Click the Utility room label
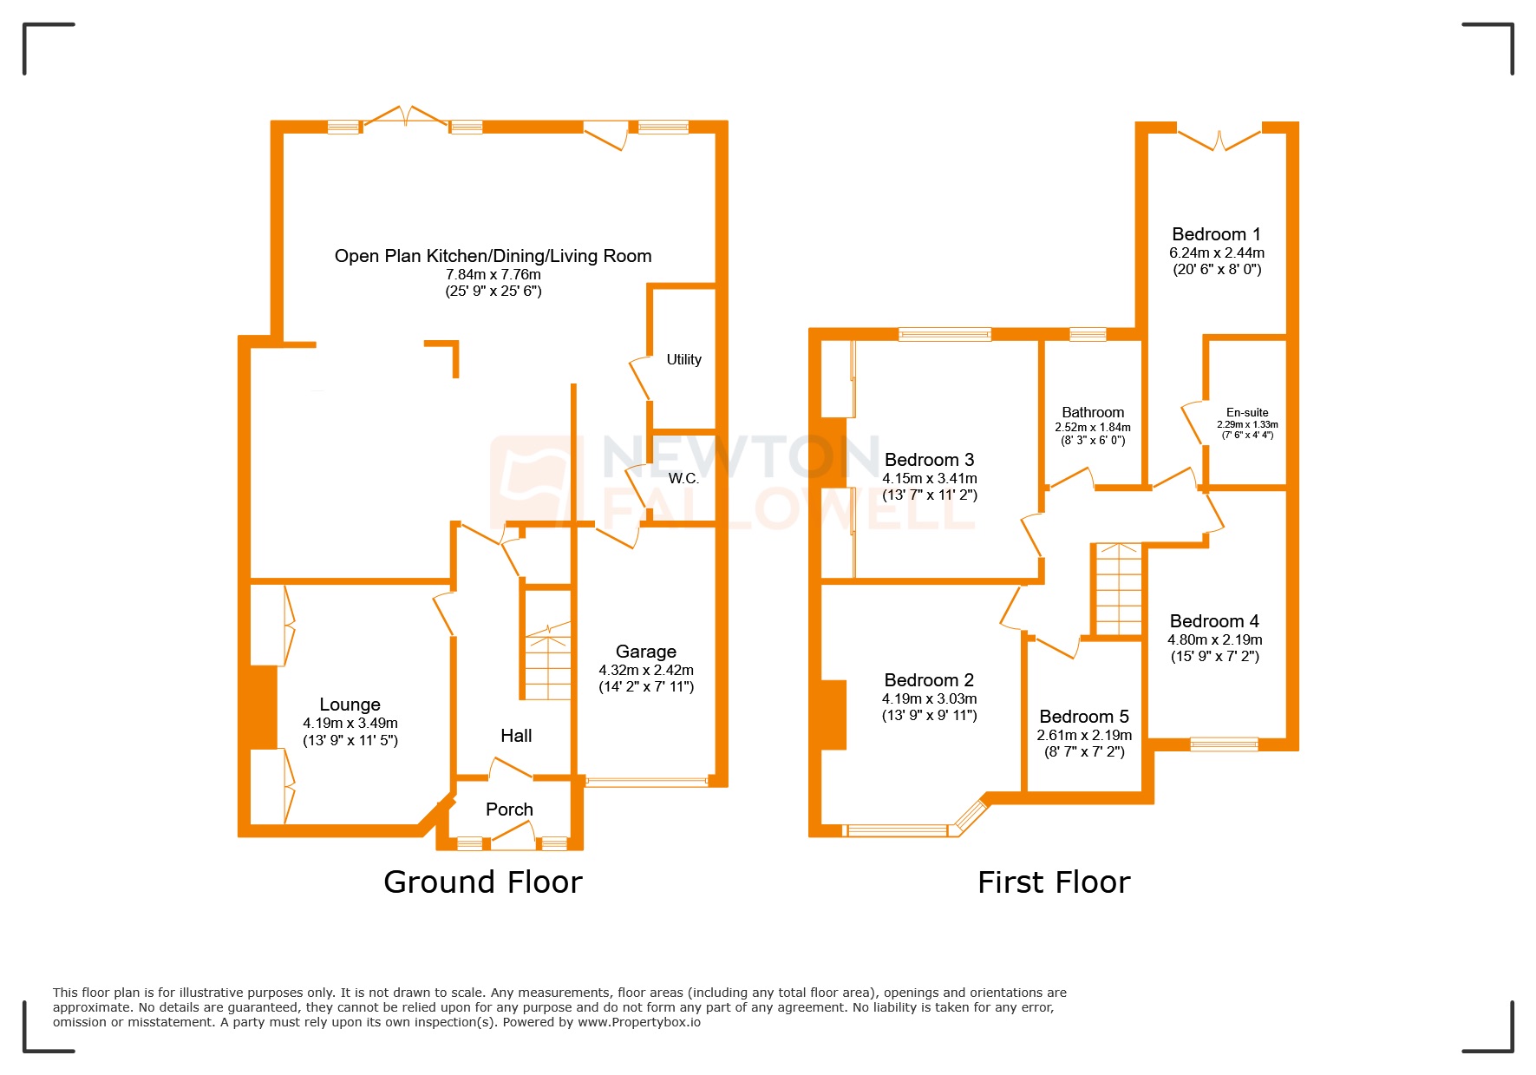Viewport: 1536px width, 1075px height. tap(683, 359)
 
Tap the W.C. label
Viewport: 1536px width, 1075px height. tap(683, 478)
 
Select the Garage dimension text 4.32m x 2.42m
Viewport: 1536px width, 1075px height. tap(646, 670)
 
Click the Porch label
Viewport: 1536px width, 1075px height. tap(509, 809)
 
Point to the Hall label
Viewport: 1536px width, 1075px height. tap(516, 736)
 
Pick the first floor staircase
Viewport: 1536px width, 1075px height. tap(1119, 591)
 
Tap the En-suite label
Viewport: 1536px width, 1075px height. tap(1247, 412)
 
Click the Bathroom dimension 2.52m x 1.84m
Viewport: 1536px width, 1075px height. tap(1093, 427)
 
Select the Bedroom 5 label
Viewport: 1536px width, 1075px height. tap(1084, 717)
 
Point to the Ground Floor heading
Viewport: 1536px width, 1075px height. tap(483, 882)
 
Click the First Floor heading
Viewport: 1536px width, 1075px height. tap(1054, 882)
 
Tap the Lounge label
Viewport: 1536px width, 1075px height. tap(350, 705)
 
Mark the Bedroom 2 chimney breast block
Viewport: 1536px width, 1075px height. tap(833, 715)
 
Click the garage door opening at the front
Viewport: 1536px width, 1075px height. tap(646, 782)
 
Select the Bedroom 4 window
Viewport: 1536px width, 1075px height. tap(1224, 744)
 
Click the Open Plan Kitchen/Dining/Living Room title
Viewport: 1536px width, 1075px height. tap(493, 256)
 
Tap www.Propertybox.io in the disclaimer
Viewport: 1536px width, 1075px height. tap(639, 1022)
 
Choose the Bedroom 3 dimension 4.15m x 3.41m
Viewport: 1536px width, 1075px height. tap(930, 478)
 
